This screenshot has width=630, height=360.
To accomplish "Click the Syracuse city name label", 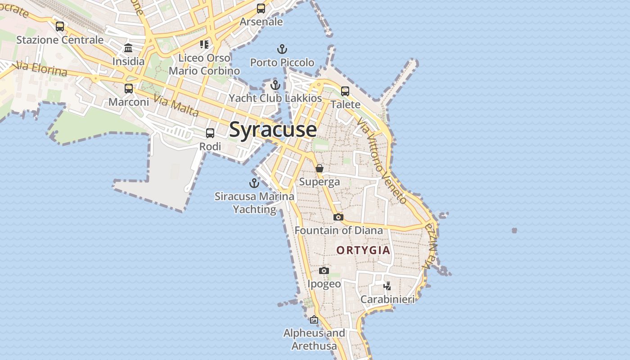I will pyautogui.click(x=273, y=130).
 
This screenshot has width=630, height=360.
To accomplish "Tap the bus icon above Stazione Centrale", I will pyautogui.click(x=60, y=27).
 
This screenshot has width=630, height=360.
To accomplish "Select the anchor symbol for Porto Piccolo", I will pyautogui.click(x=282, y=49).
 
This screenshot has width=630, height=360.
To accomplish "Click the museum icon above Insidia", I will pyautogui.click(x=128, y=48).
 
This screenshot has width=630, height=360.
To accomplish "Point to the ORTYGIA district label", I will pyautogui.click(x=363, y=250).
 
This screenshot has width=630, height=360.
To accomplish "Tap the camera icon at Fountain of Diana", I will pyautogui.click(x=338, y=217).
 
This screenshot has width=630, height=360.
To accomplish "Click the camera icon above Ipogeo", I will pyautogui.click(x=324, y=270).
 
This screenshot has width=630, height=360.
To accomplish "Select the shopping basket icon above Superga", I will pyautogui.click(x=319, y=168).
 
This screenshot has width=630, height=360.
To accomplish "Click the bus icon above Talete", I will pyautogui.click(x=345, y=91).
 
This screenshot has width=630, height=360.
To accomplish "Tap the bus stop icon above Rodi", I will pyautogui.click(x=210, y=133).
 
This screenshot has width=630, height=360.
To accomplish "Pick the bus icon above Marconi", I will pyautogui.click(x=129, y=88).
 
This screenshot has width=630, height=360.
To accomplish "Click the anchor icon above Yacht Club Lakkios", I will pyautogui.click(x=275, y=85).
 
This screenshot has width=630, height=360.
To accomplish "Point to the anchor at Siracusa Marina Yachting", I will pyautogui.click(x=254, y=183).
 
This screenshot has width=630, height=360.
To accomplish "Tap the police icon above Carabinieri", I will pyautogui.click(x=387, y=286).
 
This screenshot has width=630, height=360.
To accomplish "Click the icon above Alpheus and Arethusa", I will pyautogui.click(x=314, y=320).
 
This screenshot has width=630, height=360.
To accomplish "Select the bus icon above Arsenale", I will pyautogui.click(x=261, y=9).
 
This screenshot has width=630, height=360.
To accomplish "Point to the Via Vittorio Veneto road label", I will pyautogui.click(x=382, y=161).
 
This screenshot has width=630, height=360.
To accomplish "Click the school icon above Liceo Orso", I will pyautogui.click(x=204, y=44).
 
